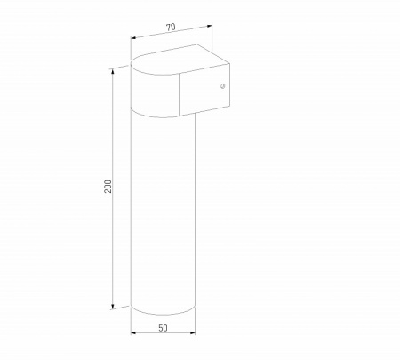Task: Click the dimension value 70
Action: pos(170,28)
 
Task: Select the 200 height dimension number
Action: pos(108,188)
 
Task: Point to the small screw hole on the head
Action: pos(222,86)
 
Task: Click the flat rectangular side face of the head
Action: pos(206,89)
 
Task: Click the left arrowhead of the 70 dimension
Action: pos(133,38)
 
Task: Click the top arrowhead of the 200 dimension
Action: pos(114,68)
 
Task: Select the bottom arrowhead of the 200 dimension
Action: pos(114,307)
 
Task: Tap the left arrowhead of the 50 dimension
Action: pos(133,333)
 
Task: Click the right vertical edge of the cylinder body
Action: pos(194,213)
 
